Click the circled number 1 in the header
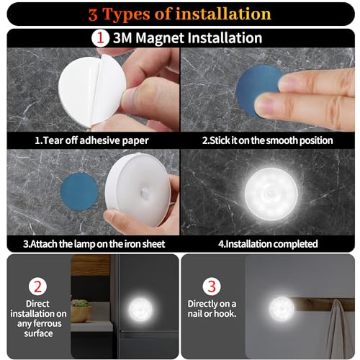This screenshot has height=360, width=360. tap(101, 37)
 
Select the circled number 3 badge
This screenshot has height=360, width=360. tap(210, 286)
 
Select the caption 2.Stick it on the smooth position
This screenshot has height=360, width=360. tap(267, 140)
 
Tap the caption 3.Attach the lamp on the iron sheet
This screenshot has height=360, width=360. tap(91, 244)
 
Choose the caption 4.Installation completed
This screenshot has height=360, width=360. tap(269, 244)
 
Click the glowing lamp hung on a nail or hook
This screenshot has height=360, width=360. tap(282, 309)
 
